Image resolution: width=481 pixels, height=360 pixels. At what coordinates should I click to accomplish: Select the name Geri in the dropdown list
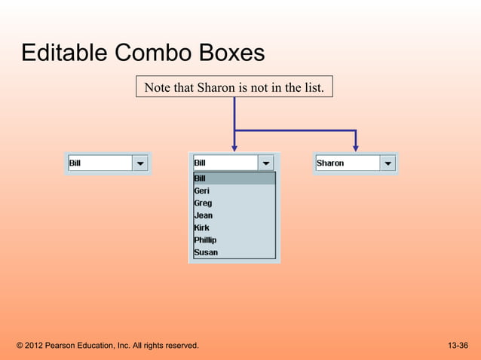pyautogui.click(x=201, y=191)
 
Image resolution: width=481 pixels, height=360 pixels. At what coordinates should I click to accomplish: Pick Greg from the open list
pyautogui.click(x=203, y=203)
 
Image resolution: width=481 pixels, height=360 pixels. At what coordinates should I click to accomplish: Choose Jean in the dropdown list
pyautogui.click(x=203, y=215)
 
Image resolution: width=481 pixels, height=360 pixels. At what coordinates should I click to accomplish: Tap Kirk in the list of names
pyautogui.click(x=201, y=227)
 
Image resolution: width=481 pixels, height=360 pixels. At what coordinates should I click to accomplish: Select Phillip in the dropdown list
pyautogui.click(x=205, y=240)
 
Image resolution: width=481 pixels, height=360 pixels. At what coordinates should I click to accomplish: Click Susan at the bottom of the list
pyautogui.click(x=206, y=252)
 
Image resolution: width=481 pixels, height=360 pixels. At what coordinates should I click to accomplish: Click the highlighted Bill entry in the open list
pyautogui.click(x=200, y=178)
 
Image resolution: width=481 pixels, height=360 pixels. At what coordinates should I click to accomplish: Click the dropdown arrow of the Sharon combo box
pyautogui.click(x=387, y=163)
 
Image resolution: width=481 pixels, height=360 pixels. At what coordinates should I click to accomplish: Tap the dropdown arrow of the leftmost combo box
pyautogui.click(x=140, y=163)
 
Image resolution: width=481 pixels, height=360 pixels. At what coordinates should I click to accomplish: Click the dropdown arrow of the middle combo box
pyautogui.click(x=266, y=163)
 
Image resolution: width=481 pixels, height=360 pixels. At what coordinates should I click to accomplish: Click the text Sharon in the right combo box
pyautogui.click(x=330, y=163)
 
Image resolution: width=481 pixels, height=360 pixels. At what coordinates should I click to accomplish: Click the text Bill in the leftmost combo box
pyautogui.click(x=75, y=163)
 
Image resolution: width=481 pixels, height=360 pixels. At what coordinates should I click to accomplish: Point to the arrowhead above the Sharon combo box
pyautogui.click(x=355, y=147)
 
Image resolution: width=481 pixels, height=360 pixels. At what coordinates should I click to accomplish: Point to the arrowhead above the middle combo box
pyautogui.click(x=234, y=147)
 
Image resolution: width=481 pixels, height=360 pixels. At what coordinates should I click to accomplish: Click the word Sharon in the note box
pyautogui.click(x=216, y=88)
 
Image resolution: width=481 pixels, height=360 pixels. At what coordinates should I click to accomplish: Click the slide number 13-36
pyautogui.click(x=458, y=346)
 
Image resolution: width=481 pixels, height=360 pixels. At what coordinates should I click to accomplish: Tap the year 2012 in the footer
pyautogui.click(x=34, y=346)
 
